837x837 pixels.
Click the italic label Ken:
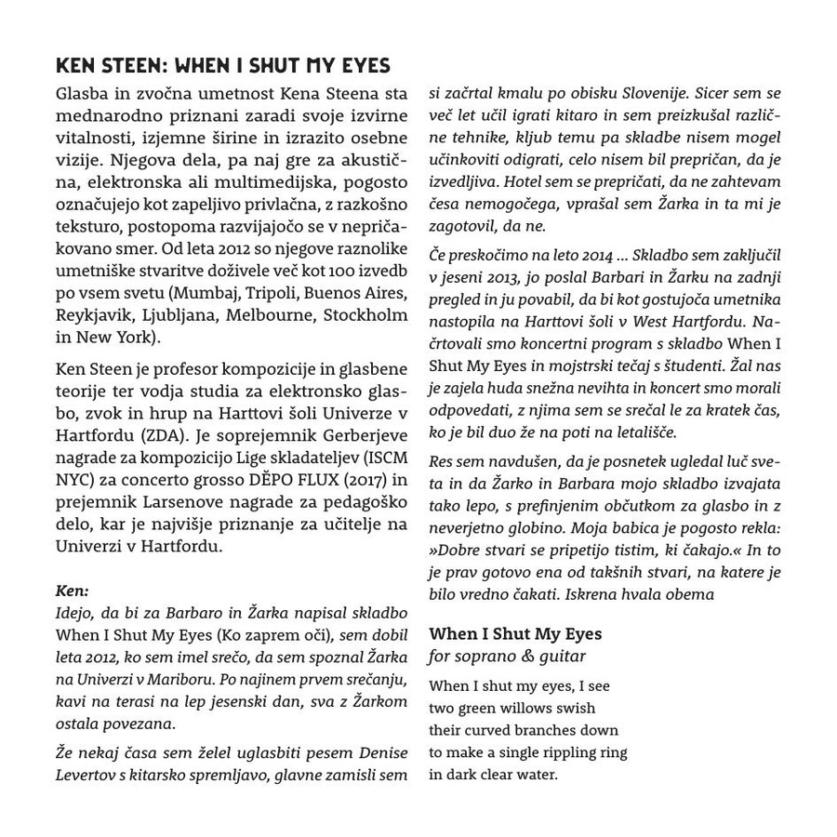coord(72,591)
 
